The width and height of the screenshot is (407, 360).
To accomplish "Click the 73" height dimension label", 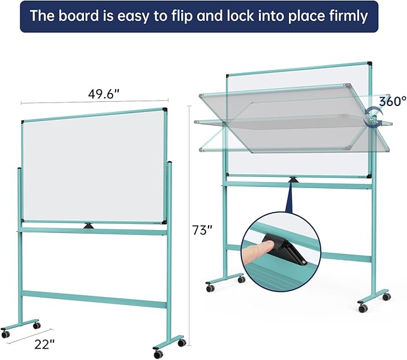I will click(x=203, y=229).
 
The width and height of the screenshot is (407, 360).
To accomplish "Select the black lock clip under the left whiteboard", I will click(x=89, y=225).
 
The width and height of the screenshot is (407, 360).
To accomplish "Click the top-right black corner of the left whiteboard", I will click(x=164, y=110).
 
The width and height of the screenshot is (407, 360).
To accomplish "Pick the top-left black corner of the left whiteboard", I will click(x=23, y=122).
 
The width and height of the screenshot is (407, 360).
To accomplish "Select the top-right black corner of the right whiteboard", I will click(x=369, y=63).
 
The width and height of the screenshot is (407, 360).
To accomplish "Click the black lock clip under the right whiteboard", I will click(x=293, y=180).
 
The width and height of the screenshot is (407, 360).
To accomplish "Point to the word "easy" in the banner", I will click(x=135, y=16).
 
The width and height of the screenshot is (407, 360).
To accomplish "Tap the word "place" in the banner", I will click(x=305, y=16).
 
